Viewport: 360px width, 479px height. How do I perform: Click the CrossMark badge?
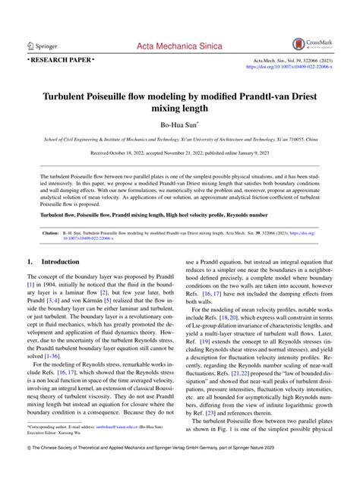[x=312, y=44]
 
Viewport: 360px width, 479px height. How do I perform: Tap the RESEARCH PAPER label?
[x=61, y=58]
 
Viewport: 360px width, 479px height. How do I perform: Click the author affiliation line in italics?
[x=180, y=140]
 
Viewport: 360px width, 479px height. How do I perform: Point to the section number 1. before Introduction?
[x=29, y=261]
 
